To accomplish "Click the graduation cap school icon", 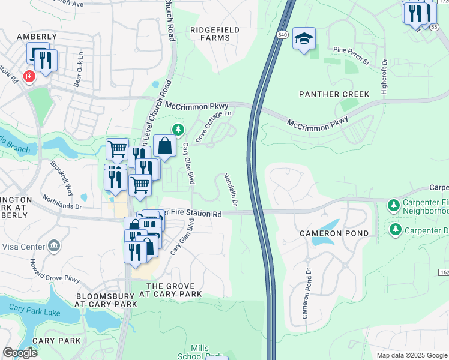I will [x=304, y=40].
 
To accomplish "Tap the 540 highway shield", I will [x=282, y=35].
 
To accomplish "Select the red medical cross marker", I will [x=28, y=77].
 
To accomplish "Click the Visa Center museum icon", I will [x=54, y=245].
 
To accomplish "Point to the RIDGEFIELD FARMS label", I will [x=214, y=34].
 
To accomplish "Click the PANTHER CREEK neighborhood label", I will [x=335, y=94].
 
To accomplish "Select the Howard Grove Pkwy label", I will [x=55, y=271].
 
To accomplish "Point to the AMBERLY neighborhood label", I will [x=37, y=37].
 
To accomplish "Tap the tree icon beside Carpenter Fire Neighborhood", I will [x=393, y=206].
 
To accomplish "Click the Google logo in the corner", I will [x=19, y=352].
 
